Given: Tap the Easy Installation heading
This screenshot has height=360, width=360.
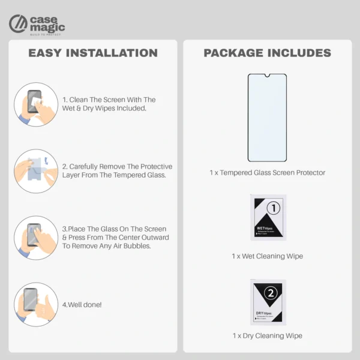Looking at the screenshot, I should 93,53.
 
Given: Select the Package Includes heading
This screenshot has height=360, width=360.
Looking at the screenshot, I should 267,53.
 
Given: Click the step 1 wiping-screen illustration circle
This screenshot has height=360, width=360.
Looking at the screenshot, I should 36,104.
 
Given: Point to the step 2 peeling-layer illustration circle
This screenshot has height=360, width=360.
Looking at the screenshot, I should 36,170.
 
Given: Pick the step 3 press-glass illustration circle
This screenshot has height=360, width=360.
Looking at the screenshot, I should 36,238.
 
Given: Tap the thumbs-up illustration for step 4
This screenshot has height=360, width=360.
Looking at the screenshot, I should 36,304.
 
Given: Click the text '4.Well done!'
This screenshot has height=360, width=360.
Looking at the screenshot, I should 82,305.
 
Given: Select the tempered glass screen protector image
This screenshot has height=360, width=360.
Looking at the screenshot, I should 267,118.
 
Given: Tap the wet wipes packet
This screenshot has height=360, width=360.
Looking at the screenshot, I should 268,218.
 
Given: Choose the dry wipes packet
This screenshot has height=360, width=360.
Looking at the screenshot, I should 268,302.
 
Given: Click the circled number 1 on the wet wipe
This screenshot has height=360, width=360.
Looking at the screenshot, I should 273,208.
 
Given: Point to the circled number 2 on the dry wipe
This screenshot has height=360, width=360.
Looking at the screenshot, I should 271,293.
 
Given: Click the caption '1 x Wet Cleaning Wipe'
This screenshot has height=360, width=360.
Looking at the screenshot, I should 267,256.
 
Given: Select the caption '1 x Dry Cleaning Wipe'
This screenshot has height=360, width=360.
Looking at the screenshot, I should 267,336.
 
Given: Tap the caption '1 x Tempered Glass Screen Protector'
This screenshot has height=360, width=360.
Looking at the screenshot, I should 267,173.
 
